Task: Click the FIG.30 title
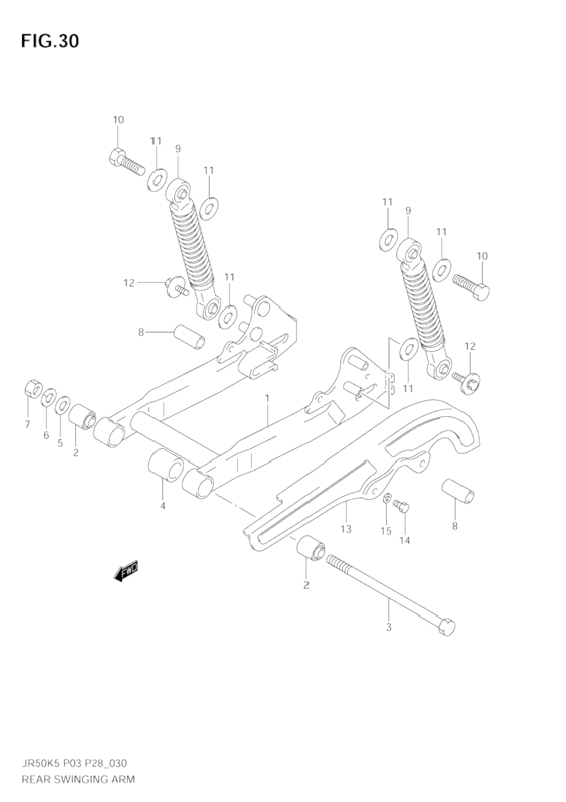pyautogui.click(x=50, y=41)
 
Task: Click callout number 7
pyautogui.click(x=27, y=425)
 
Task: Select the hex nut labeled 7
pyautogui.click(x=32, y=390)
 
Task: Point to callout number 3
pyautogui.click(x=388, y=627)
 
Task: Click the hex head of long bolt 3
pyautogui.click(x=446, y=628)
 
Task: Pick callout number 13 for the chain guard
pyautogui.click(x=345, y=528)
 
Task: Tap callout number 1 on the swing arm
pyautogui.click(x=267, y=398)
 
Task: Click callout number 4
pyautogui.click(x=163, y=506)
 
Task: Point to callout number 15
pyautogui.click(x=386, y=531)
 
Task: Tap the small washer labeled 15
pyautogui.click(x=387, y=497)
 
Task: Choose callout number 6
pyautogui.click(x=46, y=435)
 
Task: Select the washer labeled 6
pyautogui.click(x=48, y=397)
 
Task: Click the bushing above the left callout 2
pyautogui.click(x=82, y=416)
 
